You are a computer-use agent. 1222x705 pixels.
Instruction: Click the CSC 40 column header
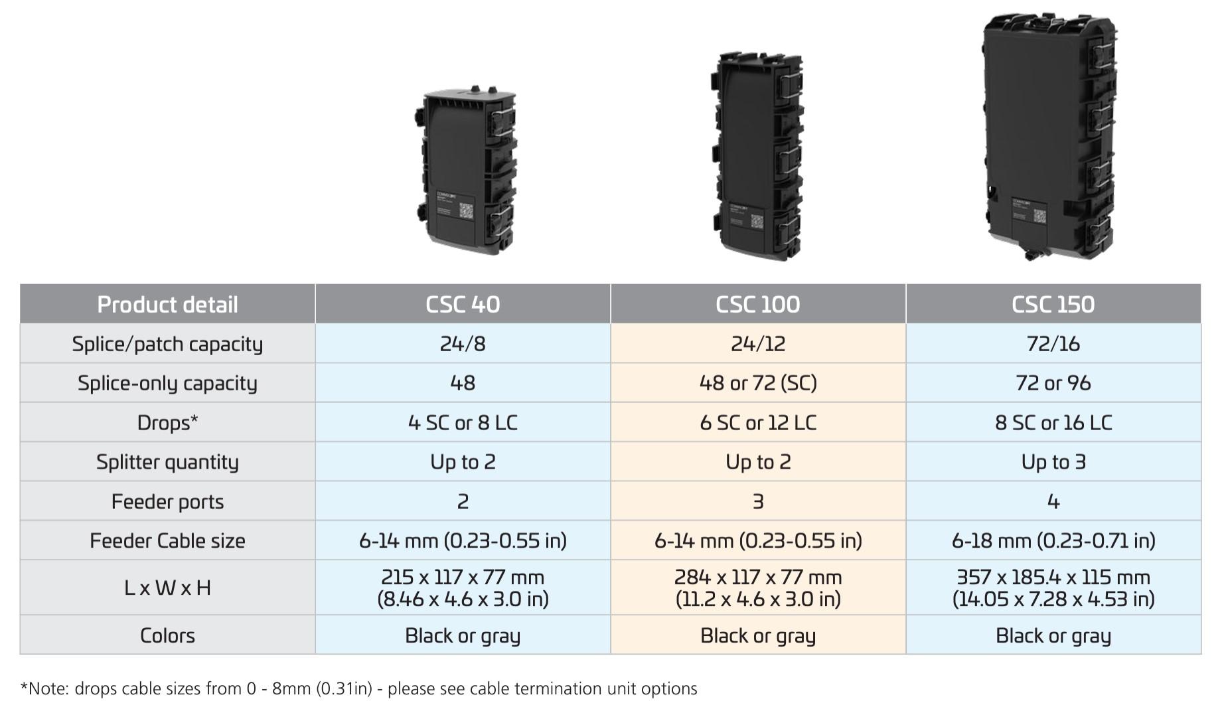(x=463, y=304)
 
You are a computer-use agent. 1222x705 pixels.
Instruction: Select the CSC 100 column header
(x=757, y=304)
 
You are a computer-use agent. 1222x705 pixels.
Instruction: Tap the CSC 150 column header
(x=1053, y=304)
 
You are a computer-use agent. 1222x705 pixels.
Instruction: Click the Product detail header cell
(x=167, y=304)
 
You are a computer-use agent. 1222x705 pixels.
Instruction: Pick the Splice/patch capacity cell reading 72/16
(x=1053, y=343)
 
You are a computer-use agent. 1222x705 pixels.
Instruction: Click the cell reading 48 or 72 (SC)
(x=757, y=382)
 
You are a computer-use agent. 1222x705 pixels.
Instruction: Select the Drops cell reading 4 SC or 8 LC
(x=463, y=422)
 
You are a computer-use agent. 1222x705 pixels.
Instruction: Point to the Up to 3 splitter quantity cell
(x=1053, y=461)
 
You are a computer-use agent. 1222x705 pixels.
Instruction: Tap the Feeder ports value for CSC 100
(x=757, y=501)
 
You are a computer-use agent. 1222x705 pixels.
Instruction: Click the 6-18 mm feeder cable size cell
(x=1053, y=540)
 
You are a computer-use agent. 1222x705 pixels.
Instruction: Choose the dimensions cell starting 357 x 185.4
(x=1053, y=587)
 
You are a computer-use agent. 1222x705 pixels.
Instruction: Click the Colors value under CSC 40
(x=463, y=635)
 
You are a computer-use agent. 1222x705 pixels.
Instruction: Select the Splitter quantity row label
(x=167, y=461)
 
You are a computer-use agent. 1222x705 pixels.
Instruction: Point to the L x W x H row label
(x=167, y=587)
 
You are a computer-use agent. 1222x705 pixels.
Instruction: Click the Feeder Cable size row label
(x=167, y=540)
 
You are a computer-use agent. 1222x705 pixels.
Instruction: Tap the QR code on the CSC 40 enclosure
(x=467, y=212)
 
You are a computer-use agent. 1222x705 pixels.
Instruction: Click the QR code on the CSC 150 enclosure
(x=1039, y=216)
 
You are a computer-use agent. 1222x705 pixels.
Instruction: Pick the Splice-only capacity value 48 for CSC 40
(x=463, y=382)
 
